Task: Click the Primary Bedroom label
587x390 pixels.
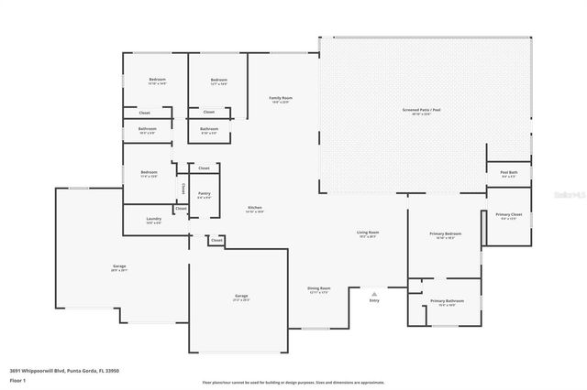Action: (446, 234)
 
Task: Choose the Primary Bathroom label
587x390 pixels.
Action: (448, 301)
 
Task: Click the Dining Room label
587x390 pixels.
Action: (318, 288)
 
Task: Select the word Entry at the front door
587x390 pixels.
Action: (374, 300)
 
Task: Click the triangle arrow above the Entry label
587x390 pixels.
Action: (374, 292)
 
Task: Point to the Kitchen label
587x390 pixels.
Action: (254, 209)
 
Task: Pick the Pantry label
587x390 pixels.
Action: (204, 193)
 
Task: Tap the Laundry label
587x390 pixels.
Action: (153, 220)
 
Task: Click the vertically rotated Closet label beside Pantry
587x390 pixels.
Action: (183, 190)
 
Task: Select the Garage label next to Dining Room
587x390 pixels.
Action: (241, 297)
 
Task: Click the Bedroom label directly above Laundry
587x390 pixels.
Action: (149, 173)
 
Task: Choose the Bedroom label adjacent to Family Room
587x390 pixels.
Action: (217, 80)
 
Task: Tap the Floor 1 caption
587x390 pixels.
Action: (17, 379)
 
